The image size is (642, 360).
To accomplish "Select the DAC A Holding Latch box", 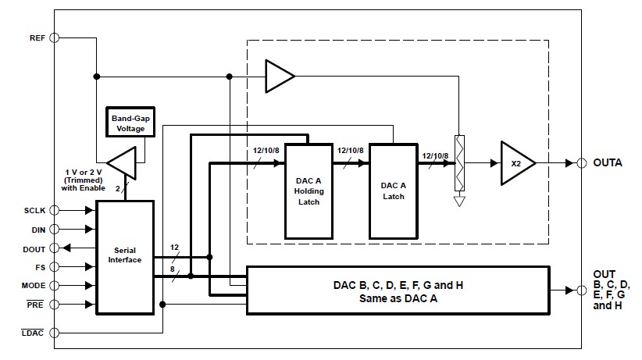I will (309, 191).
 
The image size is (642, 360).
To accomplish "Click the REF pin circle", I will (55, 37).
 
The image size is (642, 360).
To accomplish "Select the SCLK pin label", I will (35, 210).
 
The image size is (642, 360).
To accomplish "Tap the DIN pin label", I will (38, 229).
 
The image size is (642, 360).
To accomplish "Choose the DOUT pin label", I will (35, 248).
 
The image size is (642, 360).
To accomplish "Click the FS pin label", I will (41, 267).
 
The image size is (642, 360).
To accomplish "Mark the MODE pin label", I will (34, 286).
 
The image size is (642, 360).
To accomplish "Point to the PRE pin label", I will (37, 305).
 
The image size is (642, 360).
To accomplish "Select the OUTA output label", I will (608, 164).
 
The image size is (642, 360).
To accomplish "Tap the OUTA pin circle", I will (580, 163).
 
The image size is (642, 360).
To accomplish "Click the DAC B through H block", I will (398, 290).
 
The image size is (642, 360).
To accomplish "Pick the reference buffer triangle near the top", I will (280, 76).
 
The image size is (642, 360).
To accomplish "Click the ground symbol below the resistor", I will (459, 201).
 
